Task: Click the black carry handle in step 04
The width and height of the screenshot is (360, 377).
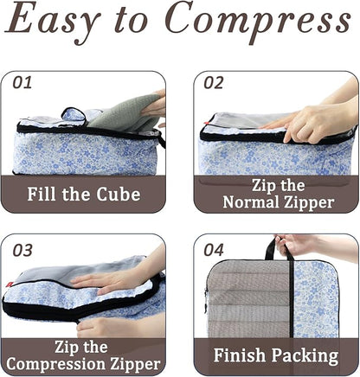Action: (x=269, y=249)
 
